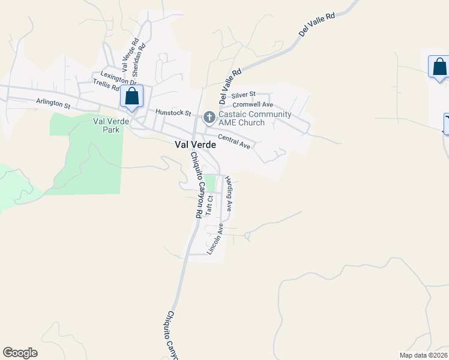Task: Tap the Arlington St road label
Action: [53, 103]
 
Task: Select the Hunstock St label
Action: [173, 112]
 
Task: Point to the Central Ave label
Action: [234, 142]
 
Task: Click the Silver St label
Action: [243, 94]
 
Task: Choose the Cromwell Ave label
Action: [253, 104]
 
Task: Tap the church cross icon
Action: [209, 116]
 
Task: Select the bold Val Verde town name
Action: [195, 145]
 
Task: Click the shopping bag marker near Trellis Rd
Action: [131, 96]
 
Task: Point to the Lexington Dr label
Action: [119, 79]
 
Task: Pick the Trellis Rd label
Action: [106, 86]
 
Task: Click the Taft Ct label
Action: [209, 205]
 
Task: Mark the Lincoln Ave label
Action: [215, 239]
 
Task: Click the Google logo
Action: [20, 353]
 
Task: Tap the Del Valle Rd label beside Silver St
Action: [230, 84]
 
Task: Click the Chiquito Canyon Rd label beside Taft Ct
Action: [196, 185]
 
